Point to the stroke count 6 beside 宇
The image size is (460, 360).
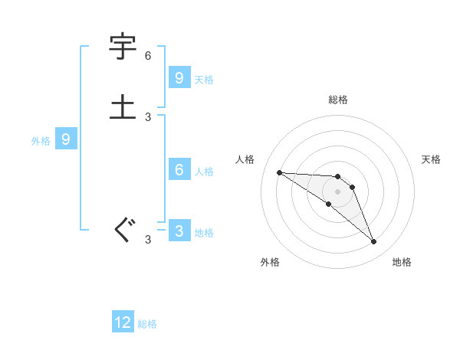click(x=148, y=56)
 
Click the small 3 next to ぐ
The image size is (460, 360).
click(x=148, y=240)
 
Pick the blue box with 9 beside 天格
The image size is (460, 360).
click(x=179, y=77)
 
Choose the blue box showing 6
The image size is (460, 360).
click(x=179, y=169)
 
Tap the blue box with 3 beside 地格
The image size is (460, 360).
click(x=179, y=231)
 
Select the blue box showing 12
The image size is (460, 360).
click(x=123, y=322)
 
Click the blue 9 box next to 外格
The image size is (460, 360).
click(x=66, y=139)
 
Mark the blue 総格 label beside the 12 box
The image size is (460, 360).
click(x=147, y=324)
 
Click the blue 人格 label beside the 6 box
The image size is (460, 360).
click(x=204, y=171)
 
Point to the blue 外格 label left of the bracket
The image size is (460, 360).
click(x=41, y=141)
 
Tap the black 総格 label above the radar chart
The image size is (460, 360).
click(x=337, y=100)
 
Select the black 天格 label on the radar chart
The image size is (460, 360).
click(x=432, y=159)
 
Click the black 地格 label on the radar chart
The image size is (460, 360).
click(x=402, y=262)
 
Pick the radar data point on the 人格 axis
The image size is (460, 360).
click(x=279, y=172)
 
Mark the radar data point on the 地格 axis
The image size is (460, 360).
click(x=373, y=242)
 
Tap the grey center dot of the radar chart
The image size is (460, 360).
click(x=337, y=191)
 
